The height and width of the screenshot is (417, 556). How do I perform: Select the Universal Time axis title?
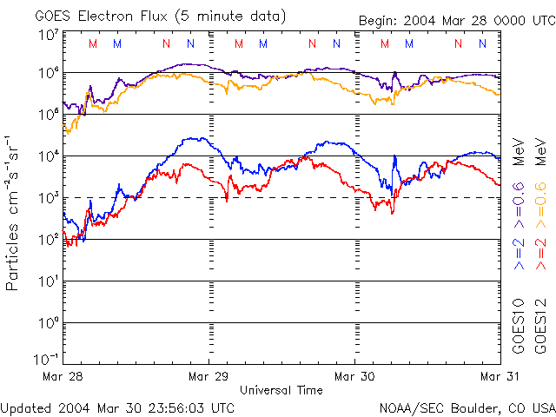[x=281, y=390]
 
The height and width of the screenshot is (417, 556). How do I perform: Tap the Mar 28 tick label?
[x=62, y=377]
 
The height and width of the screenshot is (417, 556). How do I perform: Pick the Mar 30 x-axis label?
[x=354, y=377]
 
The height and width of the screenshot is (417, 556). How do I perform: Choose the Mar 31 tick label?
[x=500, y=377]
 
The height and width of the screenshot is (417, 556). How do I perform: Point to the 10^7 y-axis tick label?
[x=47, y=35]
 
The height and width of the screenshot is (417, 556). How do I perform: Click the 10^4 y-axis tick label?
[x=47, y=156]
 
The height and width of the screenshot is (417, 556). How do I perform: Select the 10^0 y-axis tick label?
[x=47, y=322]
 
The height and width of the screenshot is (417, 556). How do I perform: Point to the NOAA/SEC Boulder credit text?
[x=467, y=407]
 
